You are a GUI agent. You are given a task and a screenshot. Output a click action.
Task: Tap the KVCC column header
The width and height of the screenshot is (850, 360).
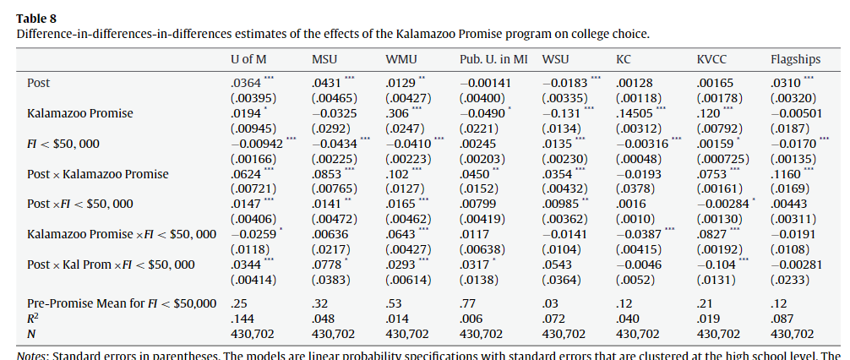tap(712, 59)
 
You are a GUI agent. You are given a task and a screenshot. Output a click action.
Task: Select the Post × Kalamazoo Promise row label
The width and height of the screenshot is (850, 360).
tap(97, 174)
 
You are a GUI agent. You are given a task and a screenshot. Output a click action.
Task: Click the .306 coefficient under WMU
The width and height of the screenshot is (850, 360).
tap(396, 113)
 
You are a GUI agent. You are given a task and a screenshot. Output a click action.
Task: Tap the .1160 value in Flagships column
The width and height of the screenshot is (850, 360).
tap(786, 174)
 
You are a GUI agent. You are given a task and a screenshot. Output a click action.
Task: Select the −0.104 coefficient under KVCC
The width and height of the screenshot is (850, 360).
tap(713, 265)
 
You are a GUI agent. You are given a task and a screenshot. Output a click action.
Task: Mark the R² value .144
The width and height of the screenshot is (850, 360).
tap(242, 319)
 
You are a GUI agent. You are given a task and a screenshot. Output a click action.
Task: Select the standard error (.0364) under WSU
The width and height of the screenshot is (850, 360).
tap(562, 281)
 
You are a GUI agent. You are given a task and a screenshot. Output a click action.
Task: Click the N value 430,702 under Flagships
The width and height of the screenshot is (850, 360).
tap(793, 334)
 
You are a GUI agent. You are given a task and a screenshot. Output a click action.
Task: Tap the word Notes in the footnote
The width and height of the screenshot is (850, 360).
tap(33, 355)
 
